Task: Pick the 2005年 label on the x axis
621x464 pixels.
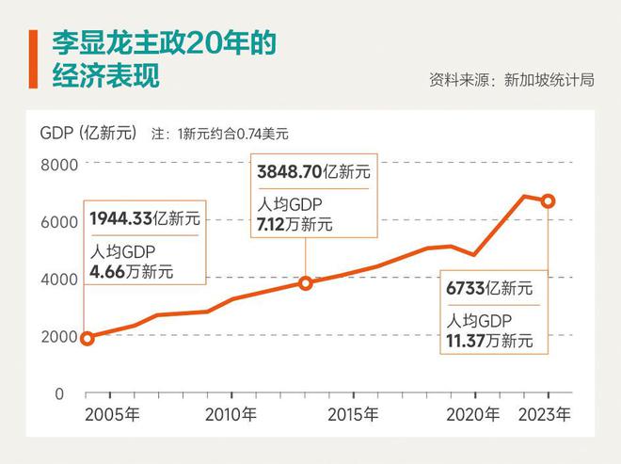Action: (x=113, y=414)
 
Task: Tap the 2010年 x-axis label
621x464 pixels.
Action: (x=231, y=414)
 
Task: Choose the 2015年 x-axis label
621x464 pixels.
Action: (x=353, y=414)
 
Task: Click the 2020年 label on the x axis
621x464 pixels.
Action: (x=472, y=414)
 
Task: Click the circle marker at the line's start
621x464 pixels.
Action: (x=88, y=338)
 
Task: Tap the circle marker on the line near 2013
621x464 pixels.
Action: (x=306, y=282)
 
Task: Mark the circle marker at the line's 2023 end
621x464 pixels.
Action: (x=548, y=200)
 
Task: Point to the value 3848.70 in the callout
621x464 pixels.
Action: (x=289, y=172)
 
